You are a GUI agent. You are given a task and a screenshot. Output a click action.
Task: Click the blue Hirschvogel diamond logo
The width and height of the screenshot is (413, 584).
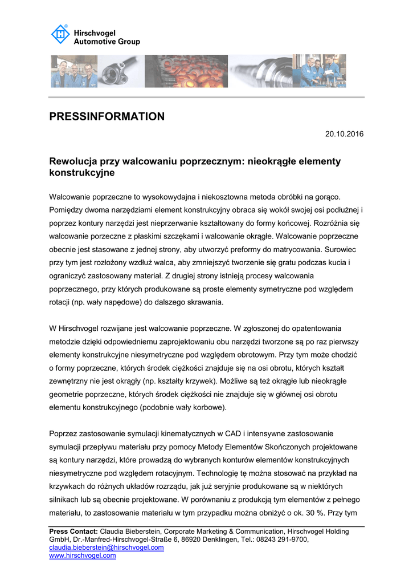(x=60, y=35)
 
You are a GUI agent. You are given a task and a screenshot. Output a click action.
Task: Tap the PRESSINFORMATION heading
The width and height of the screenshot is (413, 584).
(x=107, y=117)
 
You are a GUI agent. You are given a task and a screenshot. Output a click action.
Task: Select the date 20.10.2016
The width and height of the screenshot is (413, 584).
(x=344, y=134)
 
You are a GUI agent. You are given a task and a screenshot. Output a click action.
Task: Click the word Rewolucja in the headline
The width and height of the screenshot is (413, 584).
(x=73, y=161)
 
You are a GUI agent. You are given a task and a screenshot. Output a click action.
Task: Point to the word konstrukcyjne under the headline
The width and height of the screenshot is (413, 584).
(x=82, y=172)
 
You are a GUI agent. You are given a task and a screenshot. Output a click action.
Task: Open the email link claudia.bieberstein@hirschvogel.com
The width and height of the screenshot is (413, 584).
(x=107, y=547)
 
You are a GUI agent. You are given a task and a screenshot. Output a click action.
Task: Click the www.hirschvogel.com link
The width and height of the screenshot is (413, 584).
(x=83, y=555)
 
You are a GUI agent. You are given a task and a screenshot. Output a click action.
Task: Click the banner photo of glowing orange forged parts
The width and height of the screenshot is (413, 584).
(x=186, y=71)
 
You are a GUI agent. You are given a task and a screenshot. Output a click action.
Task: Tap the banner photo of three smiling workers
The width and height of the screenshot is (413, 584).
(x=73, y=71)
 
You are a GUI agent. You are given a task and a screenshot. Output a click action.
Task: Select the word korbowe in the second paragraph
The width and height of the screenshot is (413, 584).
(x=211, y=407)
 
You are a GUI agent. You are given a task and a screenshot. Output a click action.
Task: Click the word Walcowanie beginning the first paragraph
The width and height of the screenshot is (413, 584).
(x=72, y=197)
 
